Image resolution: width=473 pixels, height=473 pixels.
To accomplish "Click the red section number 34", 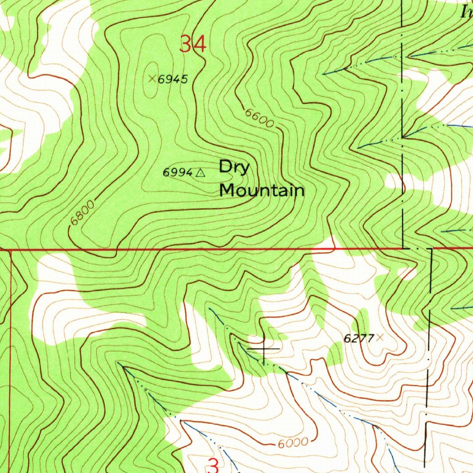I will (x=192, y=45).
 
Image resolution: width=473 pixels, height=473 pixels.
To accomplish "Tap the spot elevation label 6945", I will (x=173, y=80).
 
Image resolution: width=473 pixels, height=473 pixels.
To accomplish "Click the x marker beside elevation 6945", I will (x=152, y=79).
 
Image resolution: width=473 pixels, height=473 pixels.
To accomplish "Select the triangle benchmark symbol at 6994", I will (x=200, y=173).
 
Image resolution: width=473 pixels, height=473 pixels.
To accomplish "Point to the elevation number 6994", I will (x=177, y=173).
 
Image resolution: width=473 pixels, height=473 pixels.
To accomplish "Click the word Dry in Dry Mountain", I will (x=234, y=167).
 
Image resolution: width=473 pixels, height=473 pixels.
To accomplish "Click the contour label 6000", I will (x=293, y=443).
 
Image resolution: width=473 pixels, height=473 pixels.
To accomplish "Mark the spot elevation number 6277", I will (x=358, y=339).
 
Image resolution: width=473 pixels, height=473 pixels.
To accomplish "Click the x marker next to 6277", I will (x=380, y=338).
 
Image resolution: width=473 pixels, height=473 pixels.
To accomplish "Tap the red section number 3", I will (x=213, y=465).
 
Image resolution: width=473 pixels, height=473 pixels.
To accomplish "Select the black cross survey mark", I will (x=264, y=348).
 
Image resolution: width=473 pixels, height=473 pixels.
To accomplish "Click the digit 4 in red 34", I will (x=199, y=45).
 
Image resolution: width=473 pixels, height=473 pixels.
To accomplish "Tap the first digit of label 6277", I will (x=346, y=339).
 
